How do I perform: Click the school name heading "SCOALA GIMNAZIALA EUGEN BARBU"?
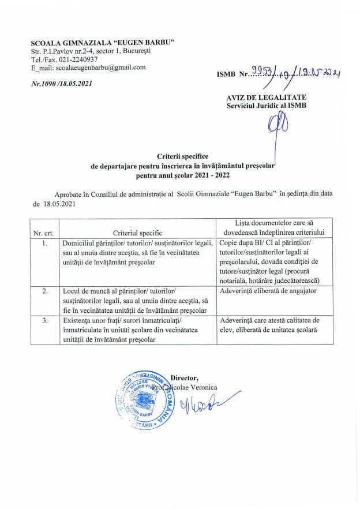tap(103, 44)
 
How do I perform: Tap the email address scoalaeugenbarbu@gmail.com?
tap(88, 68)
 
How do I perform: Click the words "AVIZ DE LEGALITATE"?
tap(267, 97)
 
